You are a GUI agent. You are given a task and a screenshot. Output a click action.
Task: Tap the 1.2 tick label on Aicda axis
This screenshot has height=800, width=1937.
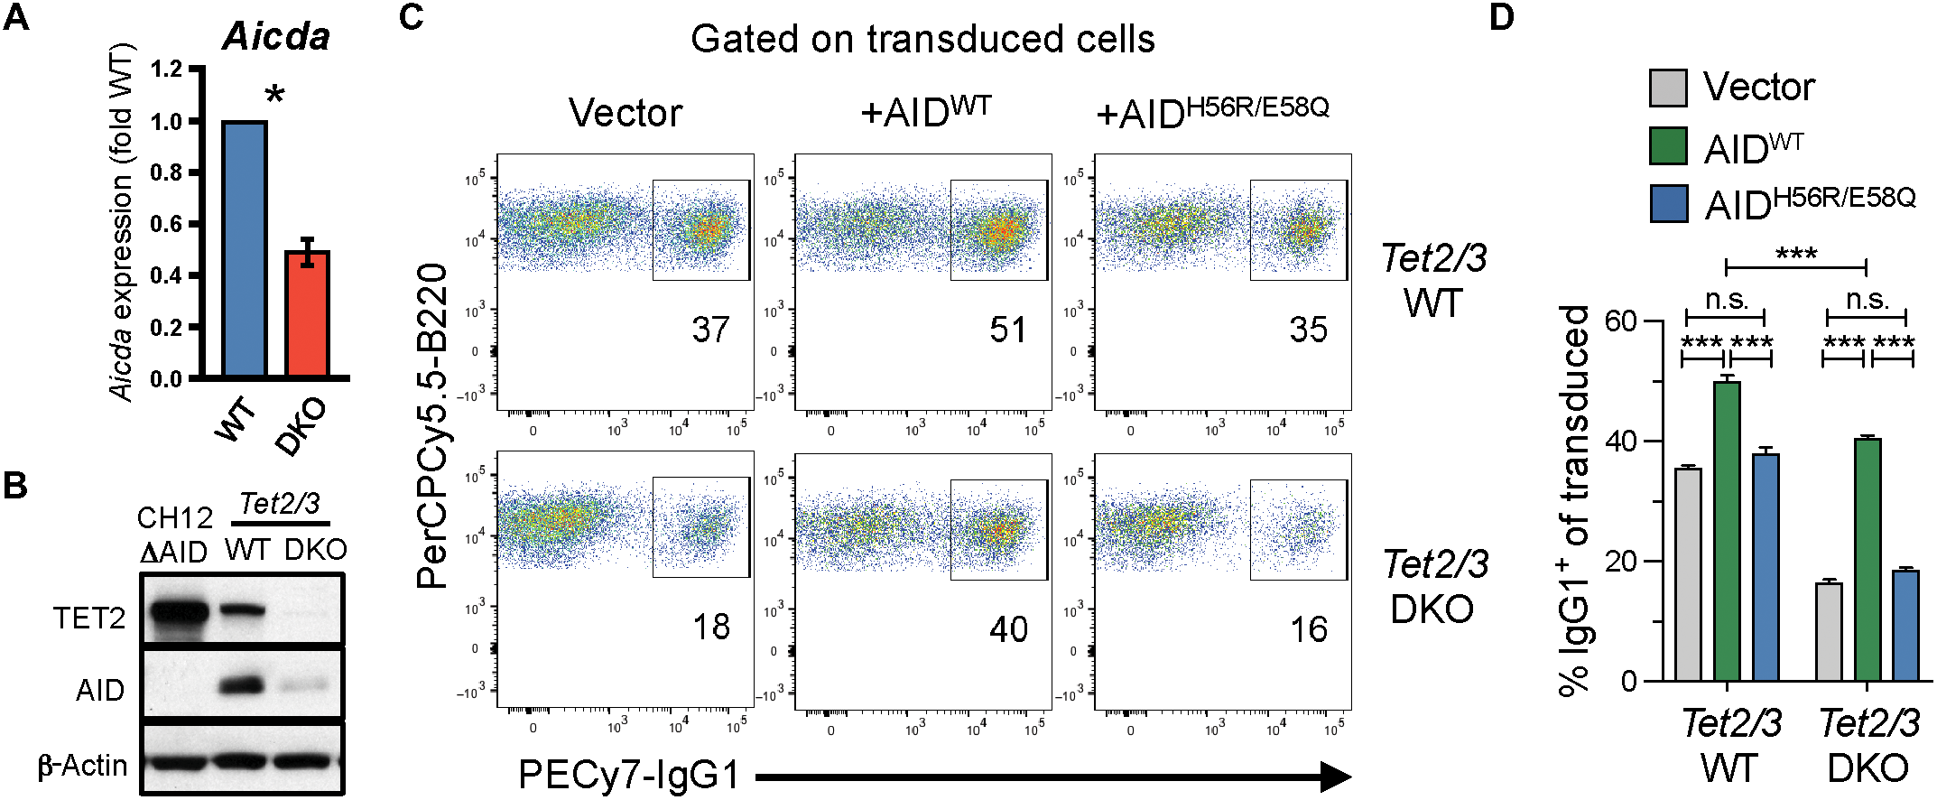pyautogui.click(x=166, y=70)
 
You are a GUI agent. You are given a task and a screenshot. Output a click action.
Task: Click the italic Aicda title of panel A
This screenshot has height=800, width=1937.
pyautogui.click(x=276, y=37)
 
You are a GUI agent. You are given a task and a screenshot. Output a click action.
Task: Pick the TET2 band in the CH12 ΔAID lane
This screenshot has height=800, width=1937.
pyautogui.click(x=180, y=612)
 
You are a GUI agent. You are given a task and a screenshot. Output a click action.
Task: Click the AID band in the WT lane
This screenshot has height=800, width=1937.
pyautogui.click(x=242, y=686)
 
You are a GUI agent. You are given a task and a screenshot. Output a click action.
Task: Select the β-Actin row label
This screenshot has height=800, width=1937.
pyautogui.click(x=83, y=766)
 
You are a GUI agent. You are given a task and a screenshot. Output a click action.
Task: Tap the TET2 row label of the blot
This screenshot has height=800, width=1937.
pyautogui.click(x=88, y=619)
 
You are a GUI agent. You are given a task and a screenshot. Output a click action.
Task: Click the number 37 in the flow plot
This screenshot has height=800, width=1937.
pyautogui.click(x=710, y=330)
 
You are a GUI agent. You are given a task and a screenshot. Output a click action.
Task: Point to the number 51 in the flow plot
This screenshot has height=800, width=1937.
pyautogui.click(x=1008, y=330)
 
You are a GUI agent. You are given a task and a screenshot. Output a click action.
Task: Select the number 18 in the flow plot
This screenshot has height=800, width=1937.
pyautogui.click(x=711, y=628)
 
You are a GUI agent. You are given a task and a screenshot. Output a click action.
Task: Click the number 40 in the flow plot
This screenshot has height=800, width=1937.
pyautogui.click(x=1008, y=629)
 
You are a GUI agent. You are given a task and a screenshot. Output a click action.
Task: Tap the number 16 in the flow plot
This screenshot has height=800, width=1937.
pyautogui.click(x=1309, y=629)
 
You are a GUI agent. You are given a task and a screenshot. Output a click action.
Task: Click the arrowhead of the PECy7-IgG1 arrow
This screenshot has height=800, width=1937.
pyautogui.click(x=1336, y=777)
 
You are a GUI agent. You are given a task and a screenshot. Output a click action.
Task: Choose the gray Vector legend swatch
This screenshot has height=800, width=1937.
pyautogui.click(x=1668, y=88)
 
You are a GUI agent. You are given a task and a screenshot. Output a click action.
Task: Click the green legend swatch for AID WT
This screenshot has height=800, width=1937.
pyautogui.click(x=1668, y=146)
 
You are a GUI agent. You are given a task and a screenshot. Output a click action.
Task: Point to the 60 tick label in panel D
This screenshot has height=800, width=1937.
pyautogui.click(x=1620, y=321)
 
